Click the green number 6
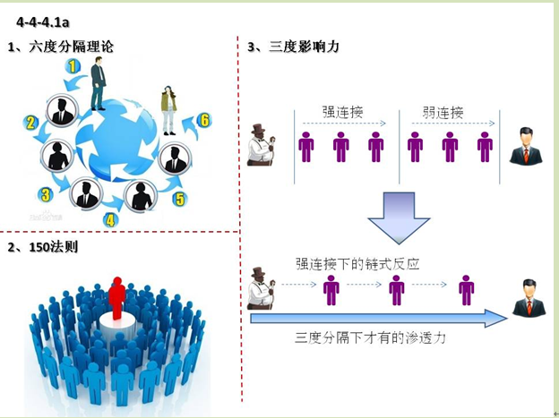[x=204, y=120]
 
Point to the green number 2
[x=30, y=123]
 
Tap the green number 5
[x=180, y=199]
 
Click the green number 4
[x=110, y=218]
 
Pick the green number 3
[x=45, y=194]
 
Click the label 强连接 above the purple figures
[x=342, y=114]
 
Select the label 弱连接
[x=443, y=114]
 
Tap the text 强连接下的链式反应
[x=357, y=265]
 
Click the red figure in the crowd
[x=116, y=301]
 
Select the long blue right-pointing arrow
[x=376, y=318]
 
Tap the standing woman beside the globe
[x=168, y=109]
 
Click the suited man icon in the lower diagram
[x=528, y=298]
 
